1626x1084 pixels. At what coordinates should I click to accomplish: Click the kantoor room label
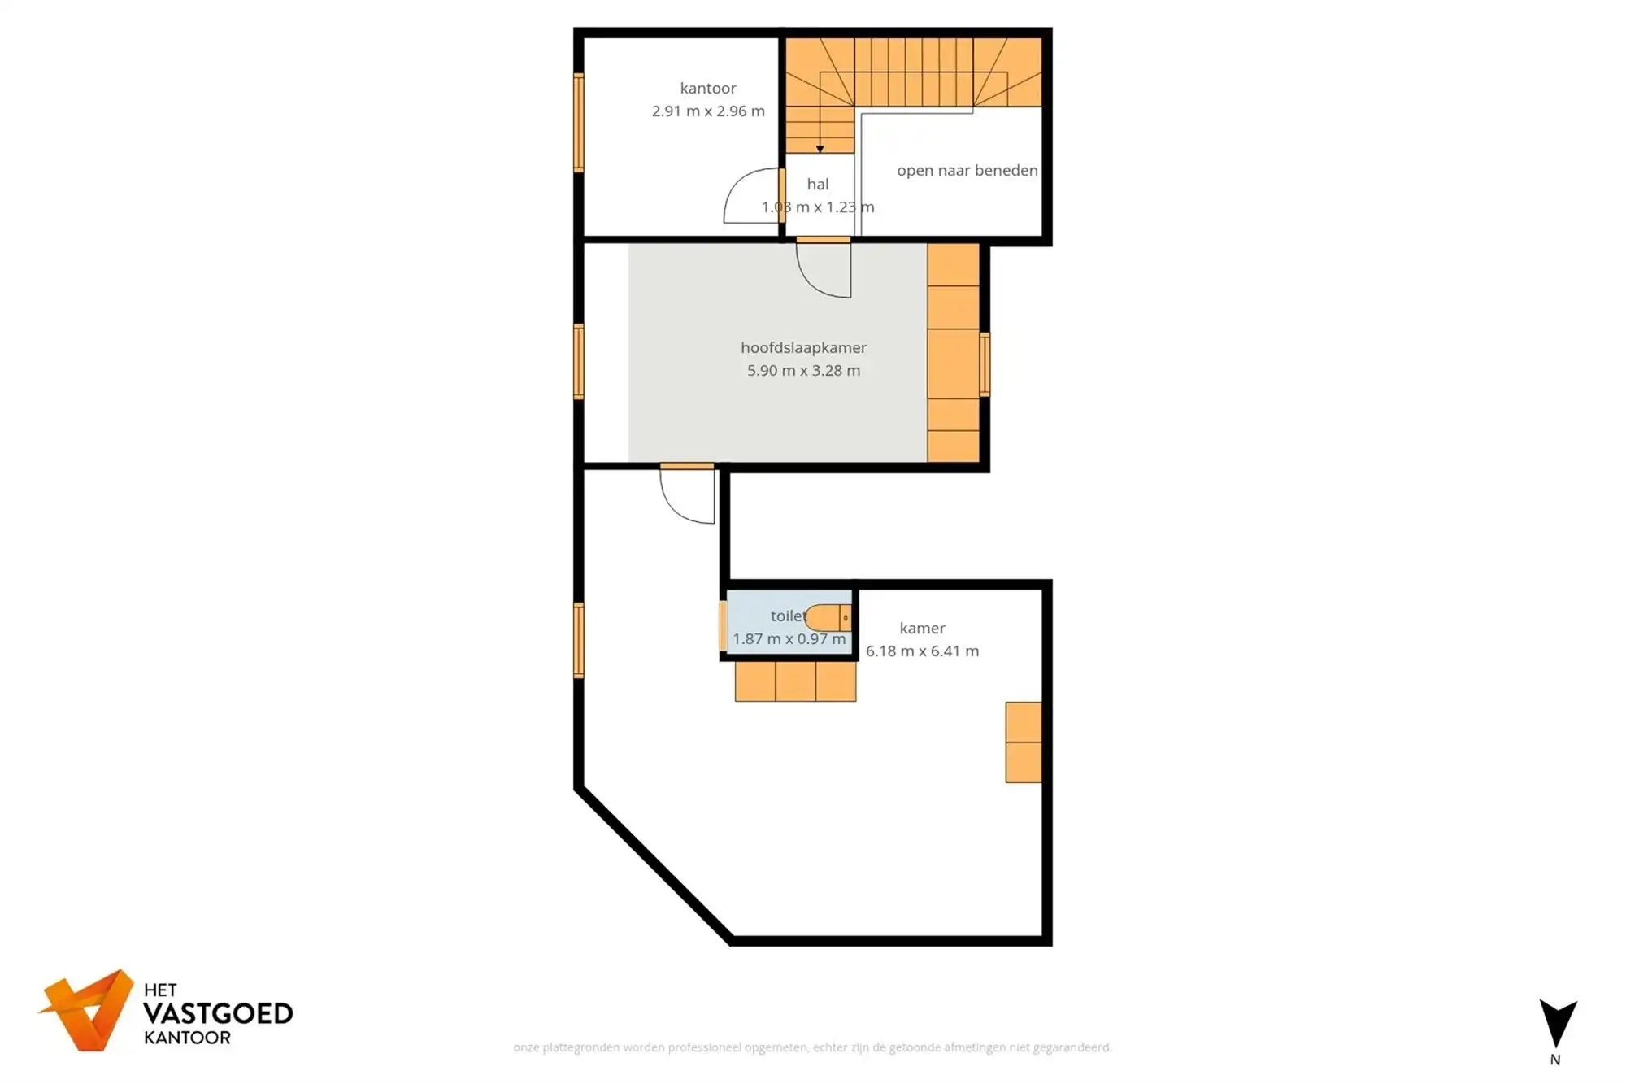pos(707,88)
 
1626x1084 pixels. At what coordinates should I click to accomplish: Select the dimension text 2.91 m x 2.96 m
pos(707,111)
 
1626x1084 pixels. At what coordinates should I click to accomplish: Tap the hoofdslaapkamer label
pos(802,347)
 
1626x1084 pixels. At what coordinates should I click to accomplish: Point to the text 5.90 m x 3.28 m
pos(802,371)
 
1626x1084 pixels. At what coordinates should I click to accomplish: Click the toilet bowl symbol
pos(827,618)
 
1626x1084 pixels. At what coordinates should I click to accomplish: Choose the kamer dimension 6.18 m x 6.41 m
pos(921,651)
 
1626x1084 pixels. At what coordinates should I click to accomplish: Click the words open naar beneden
pos(967,171)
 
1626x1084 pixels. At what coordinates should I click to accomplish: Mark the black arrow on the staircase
pos(820,149)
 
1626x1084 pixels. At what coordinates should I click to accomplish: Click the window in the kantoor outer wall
pos(579,122)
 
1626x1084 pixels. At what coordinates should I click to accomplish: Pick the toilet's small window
pos(722,625)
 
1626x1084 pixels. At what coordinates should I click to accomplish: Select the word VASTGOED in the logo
pos(218,1014)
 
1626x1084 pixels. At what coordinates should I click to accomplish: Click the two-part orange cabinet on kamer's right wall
pos(1023,742)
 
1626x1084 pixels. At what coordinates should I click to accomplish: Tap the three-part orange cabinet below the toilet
pos(795,681)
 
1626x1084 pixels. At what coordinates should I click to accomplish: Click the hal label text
pos(817,185)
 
